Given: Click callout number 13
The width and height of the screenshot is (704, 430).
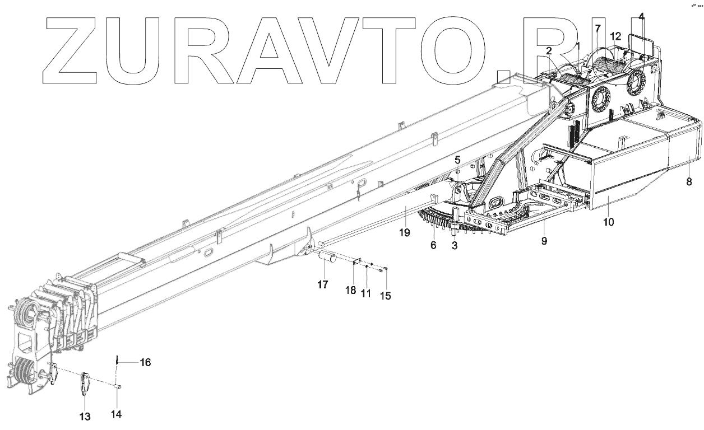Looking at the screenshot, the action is point(85,416).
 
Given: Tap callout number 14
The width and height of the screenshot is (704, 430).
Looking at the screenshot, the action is point(117,414).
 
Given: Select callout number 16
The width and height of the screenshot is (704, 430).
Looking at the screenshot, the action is point(145,363).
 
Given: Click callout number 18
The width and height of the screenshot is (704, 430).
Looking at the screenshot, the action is point(350,289).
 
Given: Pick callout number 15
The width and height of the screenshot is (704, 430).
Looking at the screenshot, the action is point(386,295).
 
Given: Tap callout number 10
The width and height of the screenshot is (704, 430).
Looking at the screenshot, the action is point(609,222).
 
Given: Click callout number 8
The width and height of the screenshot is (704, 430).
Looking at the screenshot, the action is point(689,181).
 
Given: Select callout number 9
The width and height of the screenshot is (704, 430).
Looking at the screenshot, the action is point(544,241).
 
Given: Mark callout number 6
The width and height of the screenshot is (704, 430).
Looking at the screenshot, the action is point(433,244).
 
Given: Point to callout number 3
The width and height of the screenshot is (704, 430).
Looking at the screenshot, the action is point(454,245).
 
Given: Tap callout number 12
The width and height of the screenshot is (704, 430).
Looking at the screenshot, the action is point(615,36).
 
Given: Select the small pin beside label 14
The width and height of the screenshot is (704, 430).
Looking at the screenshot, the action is point(119,386).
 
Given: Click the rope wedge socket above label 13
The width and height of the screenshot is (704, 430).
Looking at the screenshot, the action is point(86,384).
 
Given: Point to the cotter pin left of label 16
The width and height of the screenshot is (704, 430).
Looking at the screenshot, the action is point(117,360).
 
